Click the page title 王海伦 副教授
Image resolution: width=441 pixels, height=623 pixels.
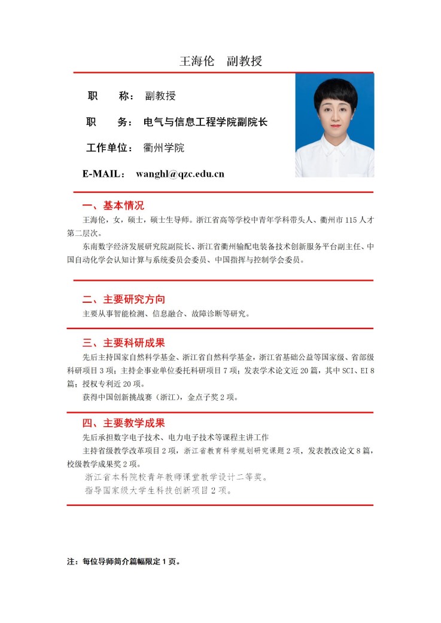[221, 62]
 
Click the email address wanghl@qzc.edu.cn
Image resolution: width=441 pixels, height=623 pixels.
[180, 174]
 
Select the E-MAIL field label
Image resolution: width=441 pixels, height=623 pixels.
[103, 174]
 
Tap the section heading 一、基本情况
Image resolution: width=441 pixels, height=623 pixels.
[113, 205]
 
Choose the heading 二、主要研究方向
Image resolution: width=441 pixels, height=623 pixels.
[124, 299]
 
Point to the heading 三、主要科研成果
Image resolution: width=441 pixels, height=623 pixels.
[124, 343]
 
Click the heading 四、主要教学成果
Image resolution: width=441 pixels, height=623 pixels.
[124, 423]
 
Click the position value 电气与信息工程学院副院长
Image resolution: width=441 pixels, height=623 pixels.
[205, 122]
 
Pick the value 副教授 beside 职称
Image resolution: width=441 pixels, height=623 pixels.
[160, 96]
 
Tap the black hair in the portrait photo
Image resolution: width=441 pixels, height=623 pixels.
[335, 90]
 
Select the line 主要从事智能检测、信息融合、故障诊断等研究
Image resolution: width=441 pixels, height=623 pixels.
[166, 314]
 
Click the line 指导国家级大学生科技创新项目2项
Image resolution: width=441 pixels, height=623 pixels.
[158, 491]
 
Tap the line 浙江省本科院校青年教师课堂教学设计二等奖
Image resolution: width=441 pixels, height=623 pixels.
[176, 477]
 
